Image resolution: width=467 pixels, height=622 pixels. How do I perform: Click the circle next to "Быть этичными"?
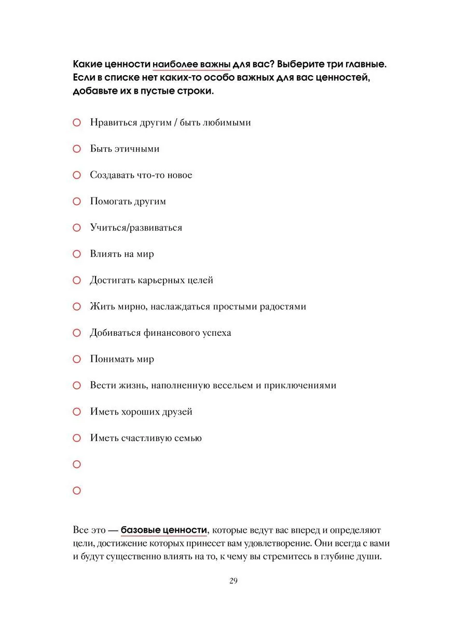77,149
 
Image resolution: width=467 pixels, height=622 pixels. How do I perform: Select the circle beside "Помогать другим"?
77,201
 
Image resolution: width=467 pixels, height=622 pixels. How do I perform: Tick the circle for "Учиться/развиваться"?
77,228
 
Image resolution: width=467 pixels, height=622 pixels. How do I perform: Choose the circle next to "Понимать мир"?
77,359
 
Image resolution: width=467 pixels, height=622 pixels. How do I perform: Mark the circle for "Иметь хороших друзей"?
77,412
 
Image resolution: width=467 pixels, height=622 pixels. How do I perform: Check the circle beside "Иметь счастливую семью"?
77,438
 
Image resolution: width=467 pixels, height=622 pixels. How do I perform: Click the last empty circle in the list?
77,490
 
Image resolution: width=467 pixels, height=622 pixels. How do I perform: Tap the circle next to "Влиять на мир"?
77,254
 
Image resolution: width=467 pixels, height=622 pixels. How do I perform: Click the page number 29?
233,581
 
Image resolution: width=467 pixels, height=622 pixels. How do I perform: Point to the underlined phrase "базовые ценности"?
164,530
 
